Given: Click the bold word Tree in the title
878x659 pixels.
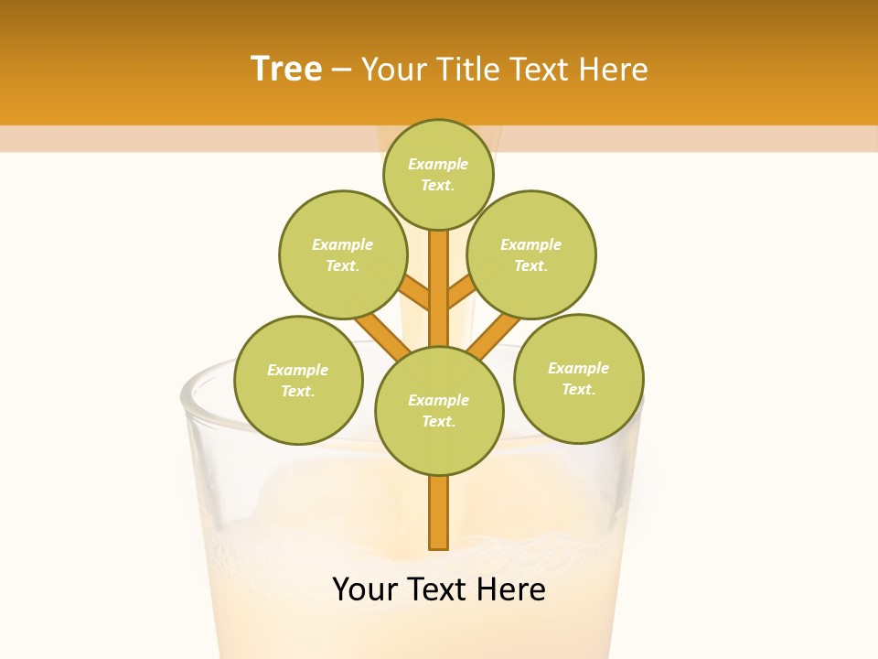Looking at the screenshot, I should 286,70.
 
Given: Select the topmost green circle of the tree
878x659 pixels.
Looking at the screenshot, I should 438,174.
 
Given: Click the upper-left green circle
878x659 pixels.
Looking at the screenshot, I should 343,254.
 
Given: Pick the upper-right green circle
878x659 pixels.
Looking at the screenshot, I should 531,254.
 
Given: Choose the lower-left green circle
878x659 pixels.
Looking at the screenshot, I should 298,380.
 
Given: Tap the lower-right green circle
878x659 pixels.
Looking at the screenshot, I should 579,378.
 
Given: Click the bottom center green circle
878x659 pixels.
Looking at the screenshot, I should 439,410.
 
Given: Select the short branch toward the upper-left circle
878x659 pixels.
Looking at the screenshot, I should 415,293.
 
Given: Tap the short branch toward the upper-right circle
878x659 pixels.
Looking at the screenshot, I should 462,293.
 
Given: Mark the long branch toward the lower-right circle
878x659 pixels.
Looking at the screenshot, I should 494,336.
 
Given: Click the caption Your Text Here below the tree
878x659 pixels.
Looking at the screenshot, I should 439,589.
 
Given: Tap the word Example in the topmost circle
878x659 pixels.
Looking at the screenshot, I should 438,165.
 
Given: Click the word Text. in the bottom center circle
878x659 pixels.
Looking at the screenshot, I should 438,422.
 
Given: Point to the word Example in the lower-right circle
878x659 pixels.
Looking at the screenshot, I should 578,368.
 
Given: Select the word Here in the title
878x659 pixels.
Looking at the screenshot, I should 616,70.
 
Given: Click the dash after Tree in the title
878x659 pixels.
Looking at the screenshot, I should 341,70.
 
